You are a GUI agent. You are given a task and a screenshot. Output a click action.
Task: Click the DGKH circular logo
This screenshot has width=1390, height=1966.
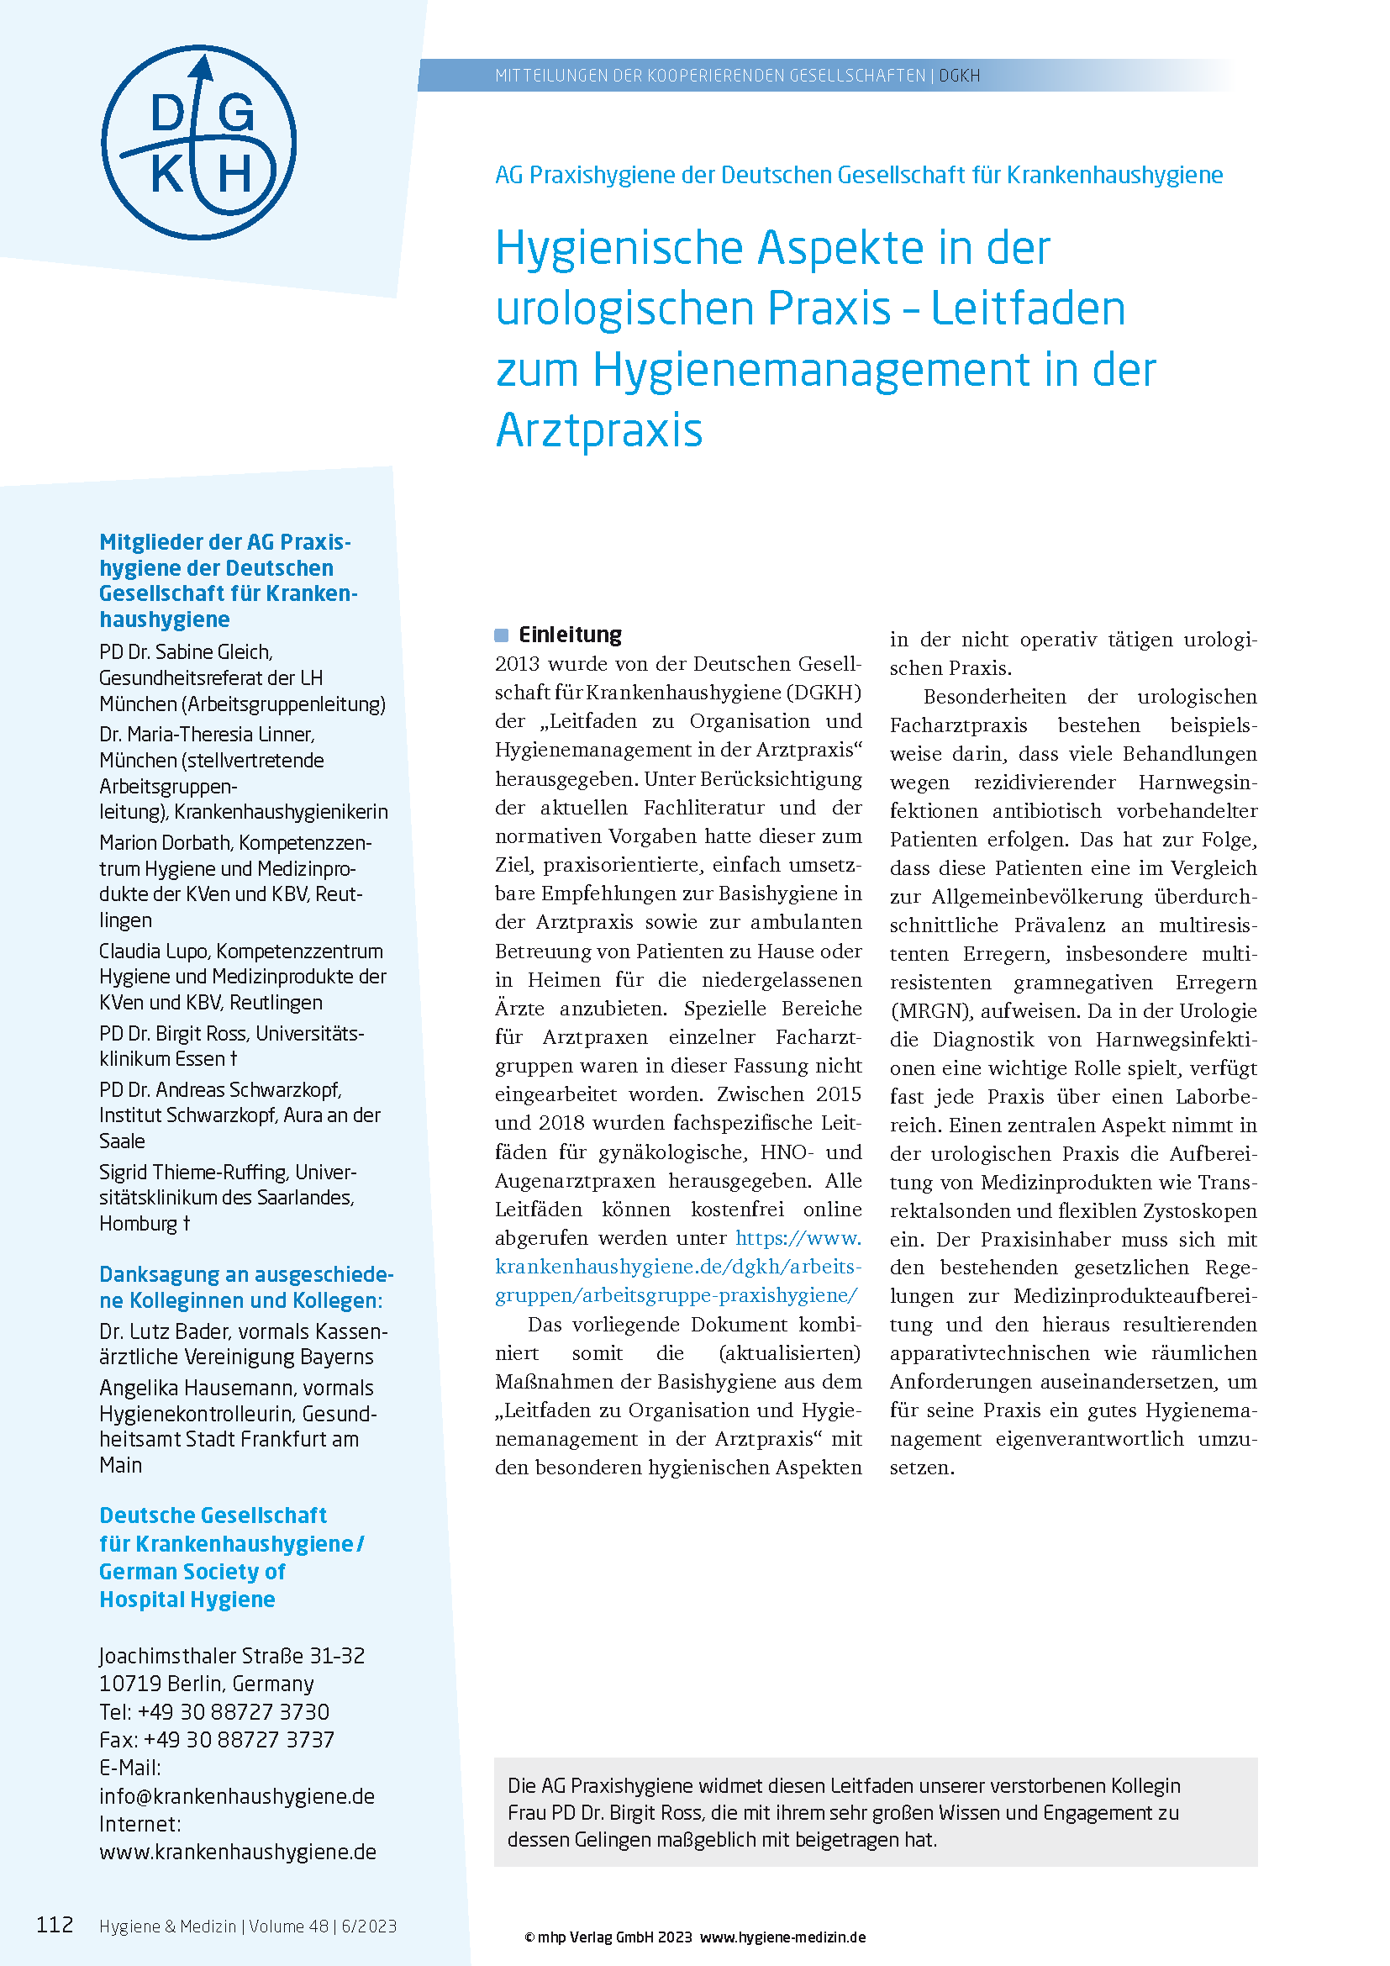(198, 142)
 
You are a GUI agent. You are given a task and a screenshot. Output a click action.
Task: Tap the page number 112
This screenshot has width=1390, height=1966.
(55, 1925)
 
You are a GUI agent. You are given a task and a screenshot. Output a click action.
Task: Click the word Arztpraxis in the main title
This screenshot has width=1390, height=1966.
(599, 430)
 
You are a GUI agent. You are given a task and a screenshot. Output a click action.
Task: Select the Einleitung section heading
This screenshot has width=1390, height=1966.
(570, 635)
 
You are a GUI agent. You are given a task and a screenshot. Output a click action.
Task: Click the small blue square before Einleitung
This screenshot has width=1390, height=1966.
(502, 635)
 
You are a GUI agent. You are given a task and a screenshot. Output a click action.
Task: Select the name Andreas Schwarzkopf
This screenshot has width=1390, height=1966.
(248, 1090)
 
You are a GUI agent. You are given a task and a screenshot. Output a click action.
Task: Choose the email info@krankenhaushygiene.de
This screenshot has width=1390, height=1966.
(237, 1796)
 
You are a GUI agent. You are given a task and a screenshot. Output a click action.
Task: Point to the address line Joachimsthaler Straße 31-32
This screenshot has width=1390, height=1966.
(232, 1656)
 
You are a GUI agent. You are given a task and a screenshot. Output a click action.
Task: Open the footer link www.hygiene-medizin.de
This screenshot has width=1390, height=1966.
(782, 1937)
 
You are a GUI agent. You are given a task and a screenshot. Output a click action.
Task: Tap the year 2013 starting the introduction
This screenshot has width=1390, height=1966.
(517, 665)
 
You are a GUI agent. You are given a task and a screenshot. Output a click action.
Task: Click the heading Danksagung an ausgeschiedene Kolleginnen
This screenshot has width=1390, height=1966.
(245, 1287)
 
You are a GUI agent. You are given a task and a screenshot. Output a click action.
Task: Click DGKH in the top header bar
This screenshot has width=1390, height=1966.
(960, 76)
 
